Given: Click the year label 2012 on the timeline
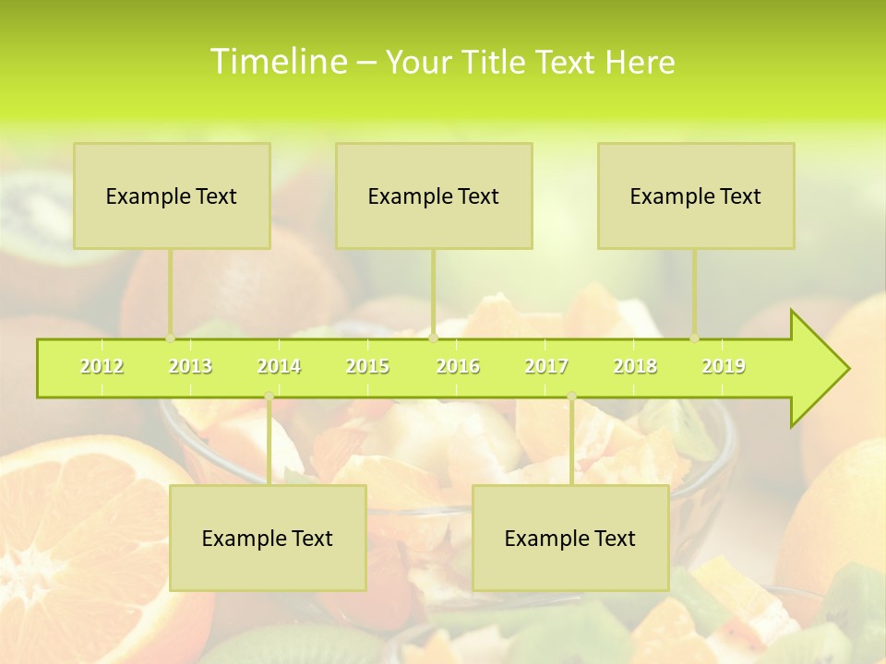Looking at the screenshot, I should tap(102, 366).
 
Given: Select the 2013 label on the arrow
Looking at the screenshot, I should tap(190, 366).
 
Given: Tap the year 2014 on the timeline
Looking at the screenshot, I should tap(279, 366).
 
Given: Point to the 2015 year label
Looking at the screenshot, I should tap(367, 366).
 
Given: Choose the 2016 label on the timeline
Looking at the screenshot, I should tap(458, 366).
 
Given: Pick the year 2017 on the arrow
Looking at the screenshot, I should tap(546, 366).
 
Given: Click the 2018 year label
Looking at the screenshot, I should tap(635, 366).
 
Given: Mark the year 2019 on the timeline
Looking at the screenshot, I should tap(724, 366).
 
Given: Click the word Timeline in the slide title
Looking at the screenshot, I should tap(278, 62).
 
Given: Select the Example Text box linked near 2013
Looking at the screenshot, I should tap(172, 196).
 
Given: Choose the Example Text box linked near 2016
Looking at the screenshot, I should tap(434, 196).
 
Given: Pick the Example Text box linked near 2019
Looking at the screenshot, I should tap(696, 196).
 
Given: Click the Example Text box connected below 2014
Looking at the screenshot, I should tap(268, 538).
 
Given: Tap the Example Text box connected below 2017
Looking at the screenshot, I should tap(570, 538).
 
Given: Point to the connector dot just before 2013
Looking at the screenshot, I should tap(171, 338).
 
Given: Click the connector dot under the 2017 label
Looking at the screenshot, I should tap(571, 397).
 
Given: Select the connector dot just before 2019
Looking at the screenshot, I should tap(695, 338).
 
